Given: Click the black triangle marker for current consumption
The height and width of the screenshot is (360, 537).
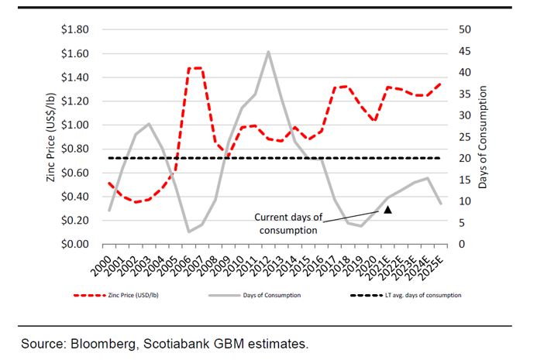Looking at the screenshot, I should click(x=388, y=209).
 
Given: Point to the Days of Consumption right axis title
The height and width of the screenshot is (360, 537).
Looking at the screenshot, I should click(x=484, y=137).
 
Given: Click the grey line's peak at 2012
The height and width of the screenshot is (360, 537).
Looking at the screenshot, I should click(x=268, y=52).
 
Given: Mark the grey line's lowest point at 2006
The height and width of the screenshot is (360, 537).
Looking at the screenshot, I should click(x=189, y=231).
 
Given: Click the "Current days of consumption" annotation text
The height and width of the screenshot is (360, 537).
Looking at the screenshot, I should click(x=286, y=223).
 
